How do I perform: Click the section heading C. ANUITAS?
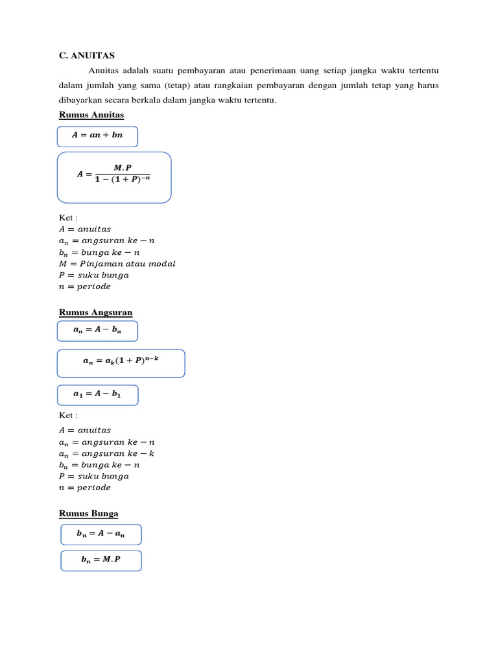[x=86, y=56]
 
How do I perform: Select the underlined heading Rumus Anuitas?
[x=91, y=115]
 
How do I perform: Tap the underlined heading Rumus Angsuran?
[x=95, y=313]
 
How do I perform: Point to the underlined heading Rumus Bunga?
[x=88, y=514]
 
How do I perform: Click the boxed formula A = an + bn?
[x=97, y=136]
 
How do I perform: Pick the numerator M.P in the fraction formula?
[x=123, y=167]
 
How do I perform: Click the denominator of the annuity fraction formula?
[x=123, y=180]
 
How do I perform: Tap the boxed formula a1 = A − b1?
[x=97, y=395]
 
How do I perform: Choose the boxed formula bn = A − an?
[x=101, y=534]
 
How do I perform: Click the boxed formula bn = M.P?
[x=101, y=560]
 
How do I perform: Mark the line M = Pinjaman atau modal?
[x=117, y=263]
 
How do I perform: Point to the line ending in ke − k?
[x=107, y=453]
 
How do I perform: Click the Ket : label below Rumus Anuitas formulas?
[x=68, y=218]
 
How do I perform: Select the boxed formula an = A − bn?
[x=97, y=331]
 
